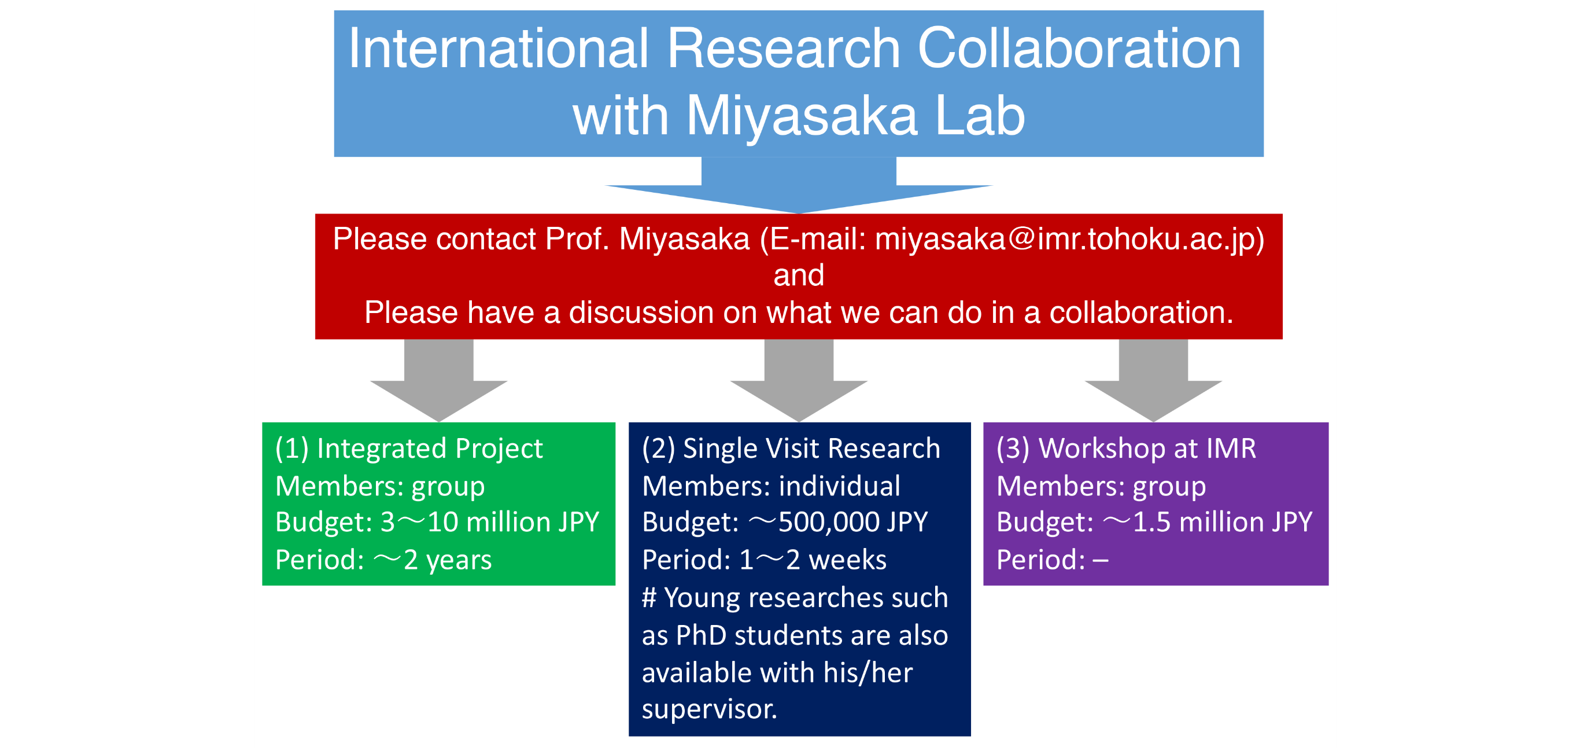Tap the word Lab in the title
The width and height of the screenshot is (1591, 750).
[x=980, y=116]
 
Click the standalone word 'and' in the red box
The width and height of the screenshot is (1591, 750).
[x=799, y=275]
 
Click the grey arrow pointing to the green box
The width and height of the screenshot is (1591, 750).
[x=438, y=381]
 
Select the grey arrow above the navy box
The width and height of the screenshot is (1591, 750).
[x=799, y=381]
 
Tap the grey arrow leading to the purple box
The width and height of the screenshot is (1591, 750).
[x=1153, y=381]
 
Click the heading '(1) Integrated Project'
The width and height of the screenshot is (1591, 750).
[x=409, y=448]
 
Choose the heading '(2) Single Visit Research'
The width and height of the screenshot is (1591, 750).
[x=791, y=448]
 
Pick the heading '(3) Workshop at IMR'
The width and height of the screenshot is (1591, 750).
[x=1126, y=448]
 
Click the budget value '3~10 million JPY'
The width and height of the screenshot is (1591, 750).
[x=490, y=522]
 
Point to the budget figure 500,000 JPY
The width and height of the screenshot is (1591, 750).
[x=853, y=522]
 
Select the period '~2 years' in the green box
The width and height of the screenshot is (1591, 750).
[x=433, y=560]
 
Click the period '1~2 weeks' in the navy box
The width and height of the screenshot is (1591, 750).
[x=813, y=560]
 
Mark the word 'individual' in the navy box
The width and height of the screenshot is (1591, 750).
[x=839, y=486]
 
